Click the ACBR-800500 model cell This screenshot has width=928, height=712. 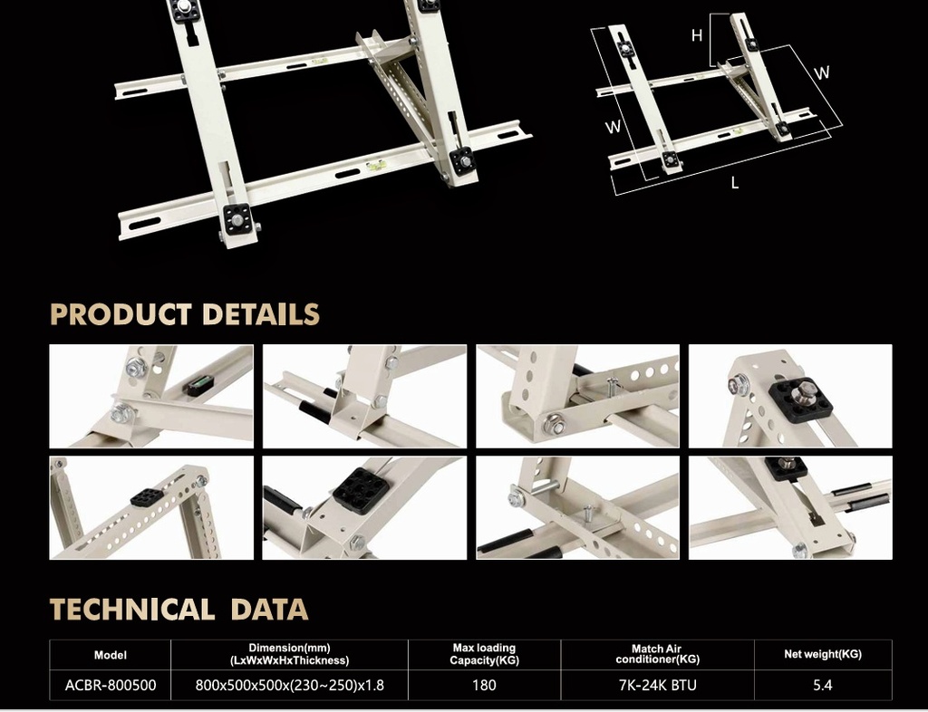tap(111, 686)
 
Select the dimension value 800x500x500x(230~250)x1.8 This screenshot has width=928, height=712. tap(289, 686)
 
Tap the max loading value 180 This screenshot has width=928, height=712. tap(484, 686)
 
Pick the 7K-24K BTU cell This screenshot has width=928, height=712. tap(658, 686)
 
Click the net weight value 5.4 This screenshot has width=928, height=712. tap(823, 686)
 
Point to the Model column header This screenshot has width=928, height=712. tap(111, 655)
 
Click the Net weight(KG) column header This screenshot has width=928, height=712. tap(823, 654)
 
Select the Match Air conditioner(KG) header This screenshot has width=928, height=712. tap(658, 654)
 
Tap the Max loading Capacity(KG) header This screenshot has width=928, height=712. tap(484, 654)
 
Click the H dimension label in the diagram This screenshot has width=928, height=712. tap(697, 36)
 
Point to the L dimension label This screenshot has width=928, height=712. tap(735, 183)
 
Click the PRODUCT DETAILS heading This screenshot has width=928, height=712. tap(185, 314)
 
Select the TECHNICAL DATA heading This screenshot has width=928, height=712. tap(179, 609)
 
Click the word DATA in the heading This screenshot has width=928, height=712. tap(269, 609)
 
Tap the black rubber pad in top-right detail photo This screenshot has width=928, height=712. tap(801, 399)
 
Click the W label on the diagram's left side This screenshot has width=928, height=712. tap(614, 127)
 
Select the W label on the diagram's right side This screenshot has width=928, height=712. tap(822, 72)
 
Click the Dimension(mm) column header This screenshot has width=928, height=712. tap(289, 654)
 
